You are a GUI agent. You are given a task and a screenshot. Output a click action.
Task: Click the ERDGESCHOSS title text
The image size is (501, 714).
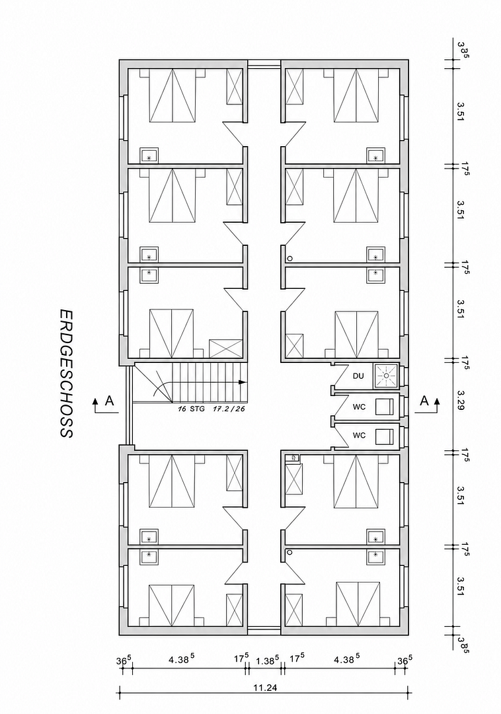[66, 374]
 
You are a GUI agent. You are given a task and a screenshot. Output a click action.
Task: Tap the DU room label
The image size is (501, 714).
[359, 376]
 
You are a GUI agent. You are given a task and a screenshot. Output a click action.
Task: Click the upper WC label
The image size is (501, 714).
[359, 407]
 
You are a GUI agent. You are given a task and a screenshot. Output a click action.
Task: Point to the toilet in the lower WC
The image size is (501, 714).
[385, 436]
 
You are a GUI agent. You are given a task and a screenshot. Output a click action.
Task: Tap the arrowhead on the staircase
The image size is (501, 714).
[243, 382]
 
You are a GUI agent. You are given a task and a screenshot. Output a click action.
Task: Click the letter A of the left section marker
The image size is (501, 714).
[109, 401]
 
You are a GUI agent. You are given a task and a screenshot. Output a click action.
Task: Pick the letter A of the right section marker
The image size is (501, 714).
[424, 401]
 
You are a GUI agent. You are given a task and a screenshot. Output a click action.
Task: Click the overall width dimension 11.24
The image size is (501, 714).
[265, 688]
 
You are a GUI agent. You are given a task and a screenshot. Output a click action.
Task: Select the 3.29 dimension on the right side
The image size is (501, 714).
[461, 400]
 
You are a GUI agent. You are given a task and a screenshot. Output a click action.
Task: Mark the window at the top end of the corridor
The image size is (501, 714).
[264, 63]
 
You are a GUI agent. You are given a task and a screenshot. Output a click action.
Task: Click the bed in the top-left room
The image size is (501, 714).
[173, 95]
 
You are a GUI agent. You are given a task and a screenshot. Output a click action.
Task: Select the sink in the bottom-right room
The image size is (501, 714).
[377, 555]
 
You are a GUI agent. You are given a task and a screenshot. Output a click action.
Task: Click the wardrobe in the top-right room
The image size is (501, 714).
[294, 87]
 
